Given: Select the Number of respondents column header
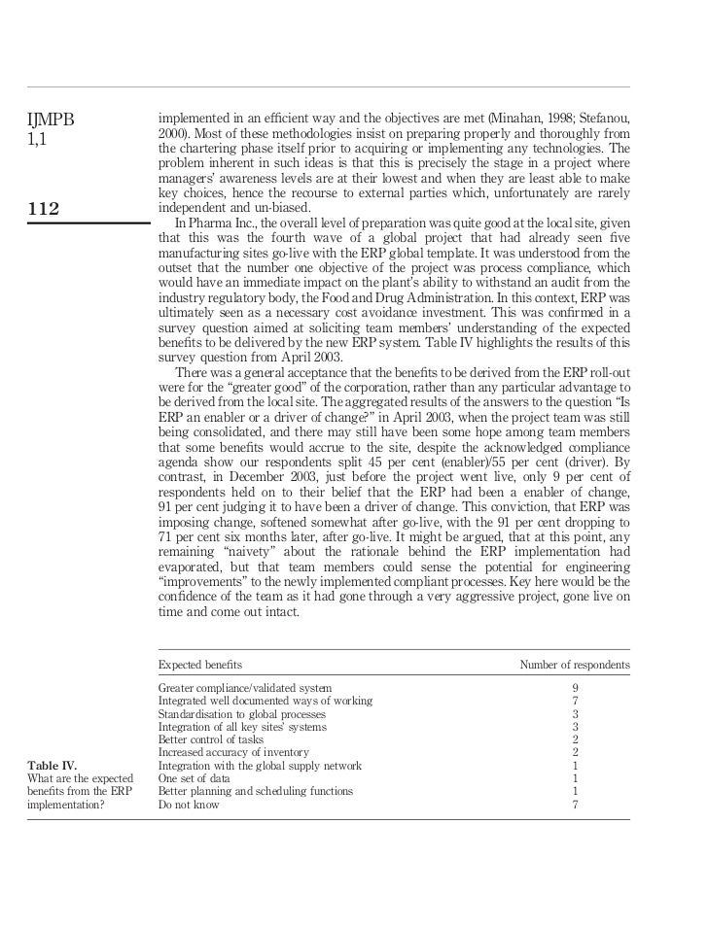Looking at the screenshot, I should [x=574, y=665].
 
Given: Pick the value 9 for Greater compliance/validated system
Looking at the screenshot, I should [x=576, y=688].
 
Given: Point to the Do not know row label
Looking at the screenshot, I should [x=189, y=805].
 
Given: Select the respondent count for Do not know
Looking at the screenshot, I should [x=576, y=805].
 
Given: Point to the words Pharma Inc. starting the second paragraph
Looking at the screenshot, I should [x=212, y=221].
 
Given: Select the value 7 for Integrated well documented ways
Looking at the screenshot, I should [x=576, y=701].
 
